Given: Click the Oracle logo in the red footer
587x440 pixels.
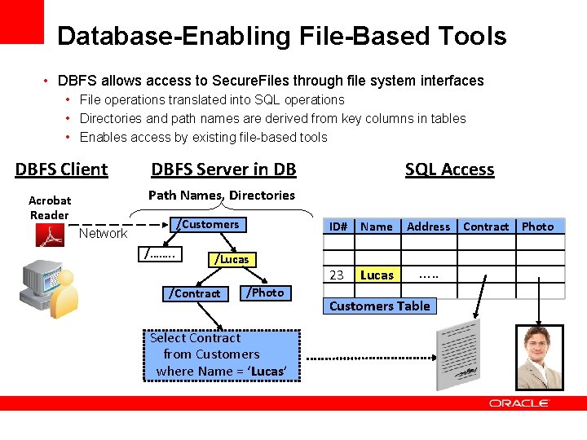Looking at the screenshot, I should pyautogui.click(x=519, y=403).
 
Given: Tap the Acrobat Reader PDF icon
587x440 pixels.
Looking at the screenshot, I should pyautogui.click(x=50, y=235).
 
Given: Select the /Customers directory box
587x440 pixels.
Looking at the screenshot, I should pyautogui.click(x=209, y=225).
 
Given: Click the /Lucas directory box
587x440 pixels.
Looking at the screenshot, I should pyautogui.click(x=231, y=259).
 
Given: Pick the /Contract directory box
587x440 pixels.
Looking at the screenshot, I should pyautogui.click(x=194, y=293).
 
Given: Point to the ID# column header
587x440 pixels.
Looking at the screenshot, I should pyautogui.click(x=338, y=227).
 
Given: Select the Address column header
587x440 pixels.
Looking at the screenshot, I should pyautogui.click(x=428, y=227).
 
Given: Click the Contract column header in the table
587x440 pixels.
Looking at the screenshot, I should pyautogui.click(x=486, y=227).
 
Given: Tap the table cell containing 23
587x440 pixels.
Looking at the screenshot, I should pyautogui.click(x=337, y=275).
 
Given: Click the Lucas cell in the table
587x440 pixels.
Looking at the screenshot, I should pyautogui.click(x=377, y=275).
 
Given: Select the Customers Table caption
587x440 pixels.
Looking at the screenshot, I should pyautogui.click(x=379, y=306).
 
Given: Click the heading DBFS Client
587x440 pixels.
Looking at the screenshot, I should pyautogui.click(x=61, y=169).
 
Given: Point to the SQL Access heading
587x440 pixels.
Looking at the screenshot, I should pyautogui.click(x=449, y=169).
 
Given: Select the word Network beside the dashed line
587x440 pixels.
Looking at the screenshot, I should pyautogui.click(x=103, y=234).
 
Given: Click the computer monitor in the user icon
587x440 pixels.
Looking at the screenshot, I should pyautogui.click(x=37, y=282).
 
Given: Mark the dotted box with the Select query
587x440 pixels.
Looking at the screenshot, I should pyautogui.click(x=223, y=354).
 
